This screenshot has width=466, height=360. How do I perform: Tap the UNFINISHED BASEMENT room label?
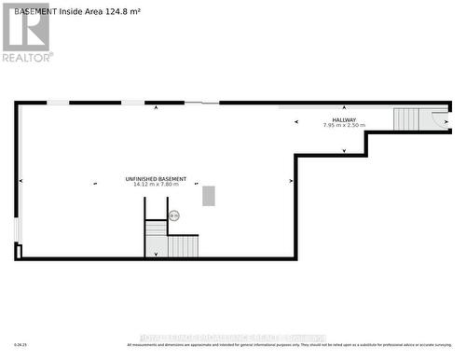[156, 178]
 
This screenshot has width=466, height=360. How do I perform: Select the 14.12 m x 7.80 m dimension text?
[156, 185]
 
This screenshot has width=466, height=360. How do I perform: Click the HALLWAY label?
[344, 119]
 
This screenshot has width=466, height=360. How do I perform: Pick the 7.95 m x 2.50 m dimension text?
[344, 125]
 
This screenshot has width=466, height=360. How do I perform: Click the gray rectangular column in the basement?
[208, 196]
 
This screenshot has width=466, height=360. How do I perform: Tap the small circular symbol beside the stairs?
[173, 215]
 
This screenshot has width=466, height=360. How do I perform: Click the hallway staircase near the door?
[407, 118]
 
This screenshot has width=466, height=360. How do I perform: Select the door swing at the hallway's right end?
[439, 118]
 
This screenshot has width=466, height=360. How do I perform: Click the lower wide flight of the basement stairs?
[183, 246]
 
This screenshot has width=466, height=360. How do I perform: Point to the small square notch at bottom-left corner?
[18, 249]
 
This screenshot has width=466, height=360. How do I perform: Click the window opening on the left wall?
[16, 229]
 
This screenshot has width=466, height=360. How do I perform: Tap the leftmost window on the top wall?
[58, 103]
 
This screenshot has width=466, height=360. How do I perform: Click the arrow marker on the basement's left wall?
[21, 181]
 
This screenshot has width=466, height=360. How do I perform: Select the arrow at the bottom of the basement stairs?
[157, 253]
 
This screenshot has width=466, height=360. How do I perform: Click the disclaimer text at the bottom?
[294, 345]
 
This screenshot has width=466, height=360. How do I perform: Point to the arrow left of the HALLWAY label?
[295, 121]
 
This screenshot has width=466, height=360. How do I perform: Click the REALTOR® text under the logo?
[27, 57]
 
